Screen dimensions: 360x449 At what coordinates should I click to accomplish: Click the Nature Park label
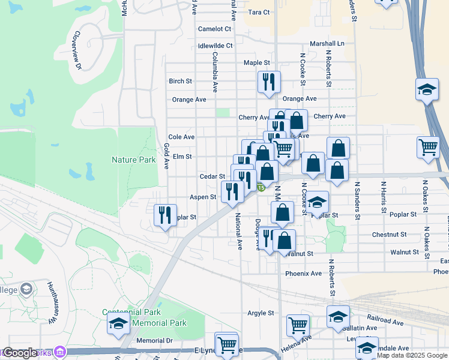[134, 160]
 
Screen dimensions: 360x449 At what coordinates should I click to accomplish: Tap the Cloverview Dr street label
[77, 50]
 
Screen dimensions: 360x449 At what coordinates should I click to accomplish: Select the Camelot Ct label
[214, 29]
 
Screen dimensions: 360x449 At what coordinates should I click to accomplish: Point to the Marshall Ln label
[327, 44]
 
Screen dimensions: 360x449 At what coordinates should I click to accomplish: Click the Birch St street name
[180, 81]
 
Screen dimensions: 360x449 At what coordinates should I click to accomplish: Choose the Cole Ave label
[181, 137]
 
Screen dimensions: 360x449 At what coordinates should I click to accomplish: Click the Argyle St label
[261, 313]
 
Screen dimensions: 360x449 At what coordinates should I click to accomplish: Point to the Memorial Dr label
[154, 340]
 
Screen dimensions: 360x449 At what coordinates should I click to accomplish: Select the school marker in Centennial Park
[118, 323]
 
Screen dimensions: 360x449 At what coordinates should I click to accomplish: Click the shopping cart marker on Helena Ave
[298, 325]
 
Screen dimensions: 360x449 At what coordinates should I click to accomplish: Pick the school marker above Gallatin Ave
[338, 316]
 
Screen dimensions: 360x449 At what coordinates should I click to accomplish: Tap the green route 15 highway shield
[261, 188]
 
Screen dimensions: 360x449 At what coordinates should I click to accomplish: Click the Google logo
[20, 353]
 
